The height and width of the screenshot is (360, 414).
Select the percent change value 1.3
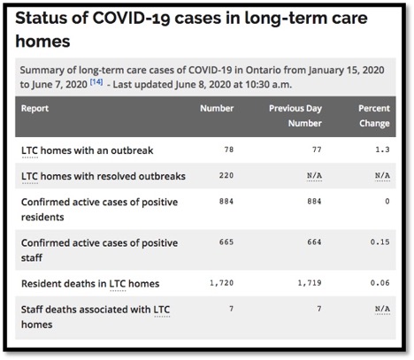click(383, 149)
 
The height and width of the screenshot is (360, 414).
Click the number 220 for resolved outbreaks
click(226, 175)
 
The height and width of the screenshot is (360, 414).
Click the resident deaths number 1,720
click(221, 282)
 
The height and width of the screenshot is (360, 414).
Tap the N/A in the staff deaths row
click(382, 309)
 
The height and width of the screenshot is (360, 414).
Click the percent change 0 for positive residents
click(387, 201)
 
